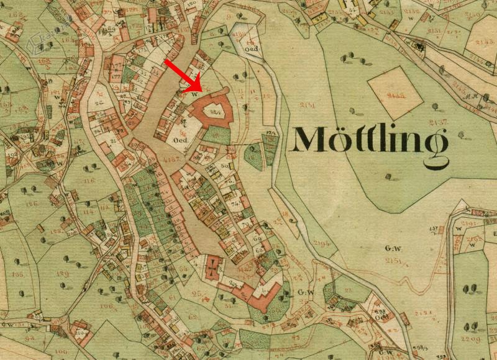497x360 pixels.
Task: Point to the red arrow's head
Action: click(x=201, y=88)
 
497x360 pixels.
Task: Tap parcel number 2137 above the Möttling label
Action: click(x=442, y=119)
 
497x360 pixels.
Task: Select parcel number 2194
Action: click(x=321, y=242)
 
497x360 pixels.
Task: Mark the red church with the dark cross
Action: click(x=213, y=266)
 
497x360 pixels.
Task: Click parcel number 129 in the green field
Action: click(x=63, y=272)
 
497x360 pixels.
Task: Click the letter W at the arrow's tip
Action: click(x=194, y=94)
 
